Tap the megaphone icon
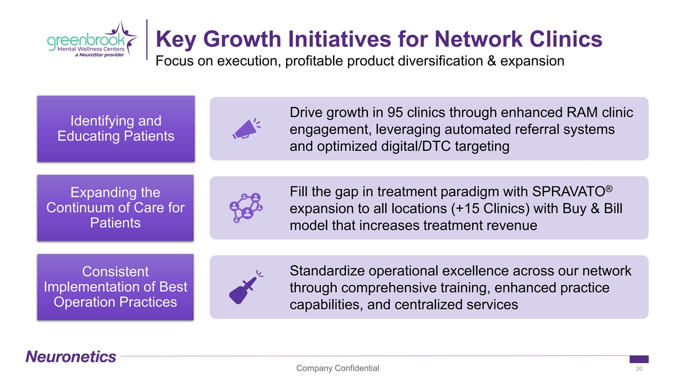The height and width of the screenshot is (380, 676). click(247, 128)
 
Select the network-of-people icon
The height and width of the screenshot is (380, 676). click(246, 208)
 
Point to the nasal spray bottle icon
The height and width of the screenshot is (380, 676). click(246, 287)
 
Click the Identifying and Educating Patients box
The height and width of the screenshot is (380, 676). click(116, 128)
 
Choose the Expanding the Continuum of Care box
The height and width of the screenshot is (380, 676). click(115, 208)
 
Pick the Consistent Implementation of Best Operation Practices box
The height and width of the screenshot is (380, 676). click(115, 287)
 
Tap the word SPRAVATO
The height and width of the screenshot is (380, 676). click(568, 192)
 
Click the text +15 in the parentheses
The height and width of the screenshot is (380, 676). click(467, 209)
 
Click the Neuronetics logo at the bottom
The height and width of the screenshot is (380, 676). click(71, 356)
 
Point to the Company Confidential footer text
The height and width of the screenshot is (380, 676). click(337, 368)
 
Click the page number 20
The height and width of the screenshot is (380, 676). click(639, 369)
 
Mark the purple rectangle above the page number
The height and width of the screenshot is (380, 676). click(639, 359)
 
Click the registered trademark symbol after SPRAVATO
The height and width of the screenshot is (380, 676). click(609, 189)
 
